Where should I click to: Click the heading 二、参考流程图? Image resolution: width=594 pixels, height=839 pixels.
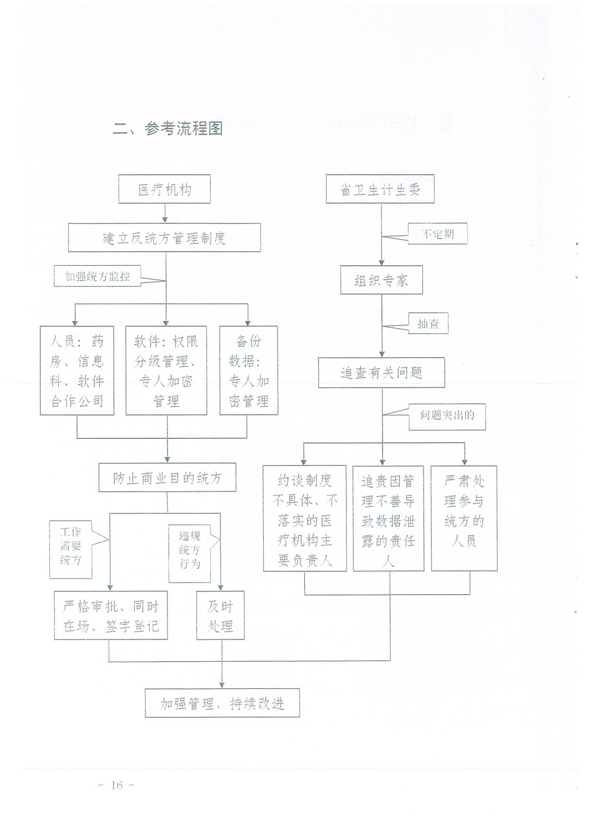point(168,129)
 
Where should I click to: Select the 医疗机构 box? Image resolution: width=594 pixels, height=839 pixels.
point(165,189)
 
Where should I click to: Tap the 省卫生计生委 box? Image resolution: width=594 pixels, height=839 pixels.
point(380,189)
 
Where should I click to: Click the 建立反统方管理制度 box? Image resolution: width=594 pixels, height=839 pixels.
point(165,237)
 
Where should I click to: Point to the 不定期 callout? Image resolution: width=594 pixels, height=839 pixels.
point(437,234)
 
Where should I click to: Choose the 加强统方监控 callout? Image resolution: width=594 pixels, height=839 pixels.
point(97,276)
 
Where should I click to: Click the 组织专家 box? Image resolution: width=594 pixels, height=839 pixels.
point(381,280)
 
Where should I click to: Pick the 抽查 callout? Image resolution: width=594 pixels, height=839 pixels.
point(428,323)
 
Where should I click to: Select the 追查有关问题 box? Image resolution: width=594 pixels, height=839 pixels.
point(381,372)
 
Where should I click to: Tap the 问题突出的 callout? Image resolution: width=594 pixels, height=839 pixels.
point(447,416)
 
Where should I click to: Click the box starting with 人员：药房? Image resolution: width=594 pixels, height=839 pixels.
point(77,370)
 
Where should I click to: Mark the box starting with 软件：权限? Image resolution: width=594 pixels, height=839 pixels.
point(166,370)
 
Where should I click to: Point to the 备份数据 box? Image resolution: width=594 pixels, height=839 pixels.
point(249,370)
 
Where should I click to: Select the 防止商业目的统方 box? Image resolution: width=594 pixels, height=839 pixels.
point(168,477)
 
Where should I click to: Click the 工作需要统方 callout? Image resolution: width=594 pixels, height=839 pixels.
point(71,549)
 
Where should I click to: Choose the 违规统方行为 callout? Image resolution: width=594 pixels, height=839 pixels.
point(189,553)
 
